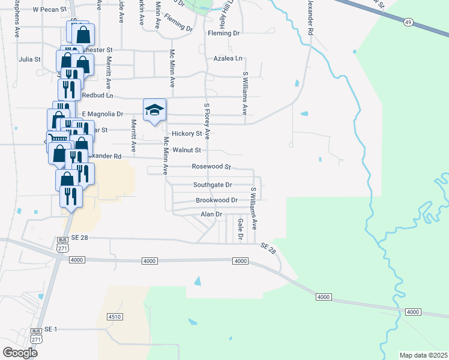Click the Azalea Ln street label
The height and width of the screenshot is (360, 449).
[x=228, y=59]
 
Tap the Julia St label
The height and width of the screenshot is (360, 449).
[x=29, y=59]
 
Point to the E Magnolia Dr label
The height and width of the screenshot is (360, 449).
[x=102, y=113]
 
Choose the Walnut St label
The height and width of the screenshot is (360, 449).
[x=186, y=149]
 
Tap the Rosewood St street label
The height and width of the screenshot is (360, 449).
[x=211, y=166]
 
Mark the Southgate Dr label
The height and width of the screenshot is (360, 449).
[x=212, y=185]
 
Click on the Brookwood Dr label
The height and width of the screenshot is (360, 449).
[x=217, y=200]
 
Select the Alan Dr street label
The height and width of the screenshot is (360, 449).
[x=211, y=214]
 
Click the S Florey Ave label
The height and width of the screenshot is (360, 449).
[x=207, y=120]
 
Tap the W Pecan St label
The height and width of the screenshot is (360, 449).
[x=48, y=10]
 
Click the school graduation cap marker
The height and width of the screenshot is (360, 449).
[x=154, y=110]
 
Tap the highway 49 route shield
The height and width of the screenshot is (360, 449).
[x=408, y=22]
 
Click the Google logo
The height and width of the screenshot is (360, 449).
[x=20, y=352]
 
